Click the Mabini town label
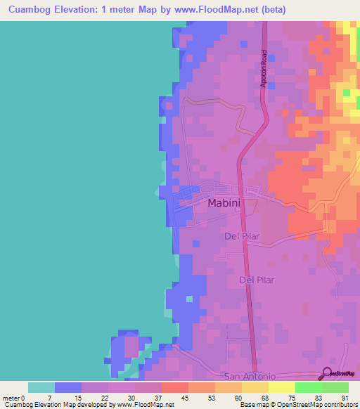point(224,203)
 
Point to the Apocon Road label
point(264,69)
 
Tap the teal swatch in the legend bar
point(41,387)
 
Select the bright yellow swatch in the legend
point(281,387)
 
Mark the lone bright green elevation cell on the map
point(346,92)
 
